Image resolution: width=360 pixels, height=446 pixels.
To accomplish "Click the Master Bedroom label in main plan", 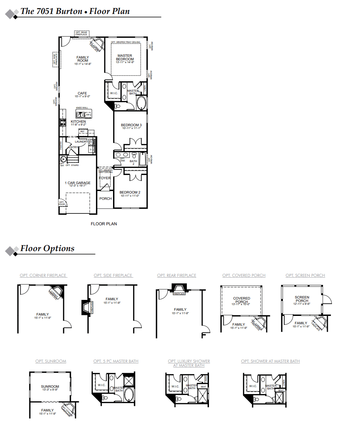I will [125, 58].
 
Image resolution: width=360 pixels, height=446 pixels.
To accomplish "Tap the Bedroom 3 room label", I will [131, 125].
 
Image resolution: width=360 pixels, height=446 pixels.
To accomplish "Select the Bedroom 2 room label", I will [130, 192].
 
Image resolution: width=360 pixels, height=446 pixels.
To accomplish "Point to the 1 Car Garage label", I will [77, 183].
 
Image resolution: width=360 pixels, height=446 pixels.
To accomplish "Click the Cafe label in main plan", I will [82, 93].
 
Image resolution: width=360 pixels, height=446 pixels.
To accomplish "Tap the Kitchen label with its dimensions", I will [78, 123].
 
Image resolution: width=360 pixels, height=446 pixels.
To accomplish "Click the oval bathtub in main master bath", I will [141, 104].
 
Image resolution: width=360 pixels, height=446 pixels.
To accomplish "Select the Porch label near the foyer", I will [105, 199].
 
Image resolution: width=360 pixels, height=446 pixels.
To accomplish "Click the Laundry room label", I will [81, 142].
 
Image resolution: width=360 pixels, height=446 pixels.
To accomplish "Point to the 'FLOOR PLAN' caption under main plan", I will [104, 224].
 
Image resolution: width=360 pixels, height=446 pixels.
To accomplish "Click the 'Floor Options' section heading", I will [47, 248].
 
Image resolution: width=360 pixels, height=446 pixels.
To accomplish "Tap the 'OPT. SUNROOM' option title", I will [51, 361].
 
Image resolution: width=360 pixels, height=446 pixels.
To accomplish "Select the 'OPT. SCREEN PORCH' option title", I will [305, 275].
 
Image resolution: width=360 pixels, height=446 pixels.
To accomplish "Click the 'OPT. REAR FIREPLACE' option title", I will [177, 275].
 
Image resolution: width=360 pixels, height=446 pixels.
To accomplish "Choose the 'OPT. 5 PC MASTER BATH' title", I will [116, 361].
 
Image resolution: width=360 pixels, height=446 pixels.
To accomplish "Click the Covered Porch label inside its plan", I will [241, 300].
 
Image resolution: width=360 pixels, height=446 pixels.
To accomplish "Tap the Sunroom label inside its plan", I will [50, 387].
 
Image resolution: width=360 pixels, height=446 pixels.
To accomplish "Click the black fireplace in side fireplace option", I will [86, 307].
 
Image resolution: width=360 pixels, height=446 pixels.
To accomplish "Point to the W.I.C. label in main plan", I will [114, 93].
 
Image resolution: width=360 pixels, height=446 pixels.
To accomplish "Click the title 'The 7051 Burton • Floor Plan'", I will [75, 11].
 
